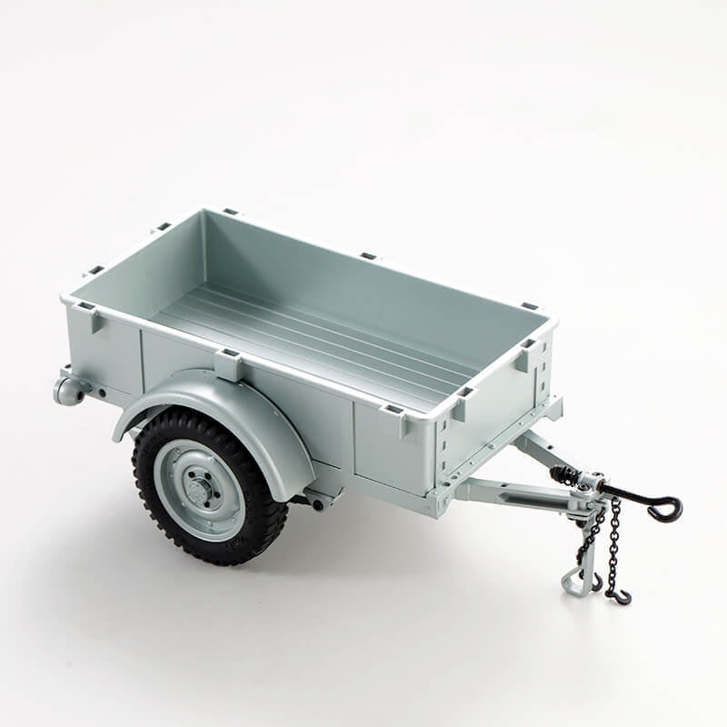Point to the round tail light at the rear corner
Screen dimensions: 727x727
click(x=69, y=391)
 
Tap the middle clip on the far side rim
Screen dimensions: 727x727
click(x=368, y=256)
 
